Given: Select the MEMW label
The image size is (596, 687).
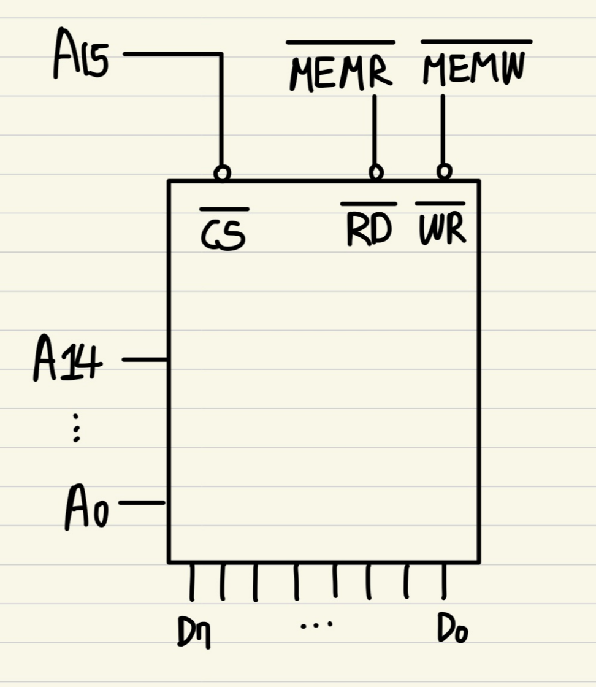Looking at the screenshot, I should tap(475, 71).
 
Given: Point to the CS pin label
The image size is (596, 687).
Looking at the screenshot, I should tap(224, 236).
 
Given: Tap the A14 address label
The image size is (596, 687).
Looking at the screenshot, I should tap(67, 363).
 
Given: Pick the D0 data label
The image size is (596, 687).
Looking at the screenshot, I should tap(453, 629).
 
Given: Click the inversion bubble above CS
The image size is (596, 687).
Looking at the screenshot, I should tap(223, 174).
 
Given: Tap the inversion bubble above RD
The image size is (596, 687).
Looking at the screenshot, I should tap(376, 172).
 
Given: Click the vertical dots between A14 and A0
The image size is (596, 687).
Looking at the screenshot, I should tap(76, 428).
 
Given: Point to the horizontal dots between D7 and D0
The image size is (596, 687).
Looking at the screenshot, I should tap(317, 625).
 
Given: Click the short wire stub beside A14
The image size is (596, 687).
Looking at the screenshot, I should tap(145, 360).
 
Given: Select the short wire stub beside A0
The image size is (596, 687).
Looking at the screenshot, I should tap(142, 504).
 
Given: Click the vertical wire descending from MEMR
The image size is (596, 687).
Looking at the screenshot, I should tap(375, 129).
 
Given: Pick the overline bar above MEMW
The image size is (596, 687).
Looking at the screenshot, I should tap(476, 42).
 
